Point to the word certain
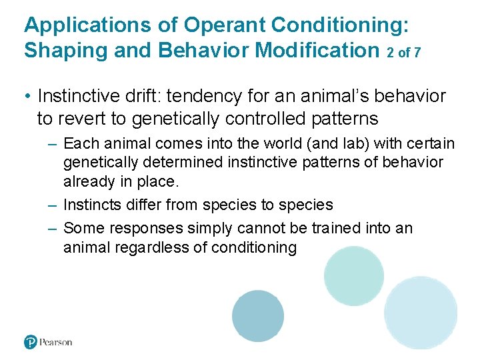(x=431, y=143)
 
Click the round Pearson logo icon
(x=31, y=342)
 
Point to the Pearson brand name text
(x=55, y=342)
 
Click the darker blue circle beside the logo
(x=258, y=316)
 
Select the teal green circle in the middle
(x=354, y=276)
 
